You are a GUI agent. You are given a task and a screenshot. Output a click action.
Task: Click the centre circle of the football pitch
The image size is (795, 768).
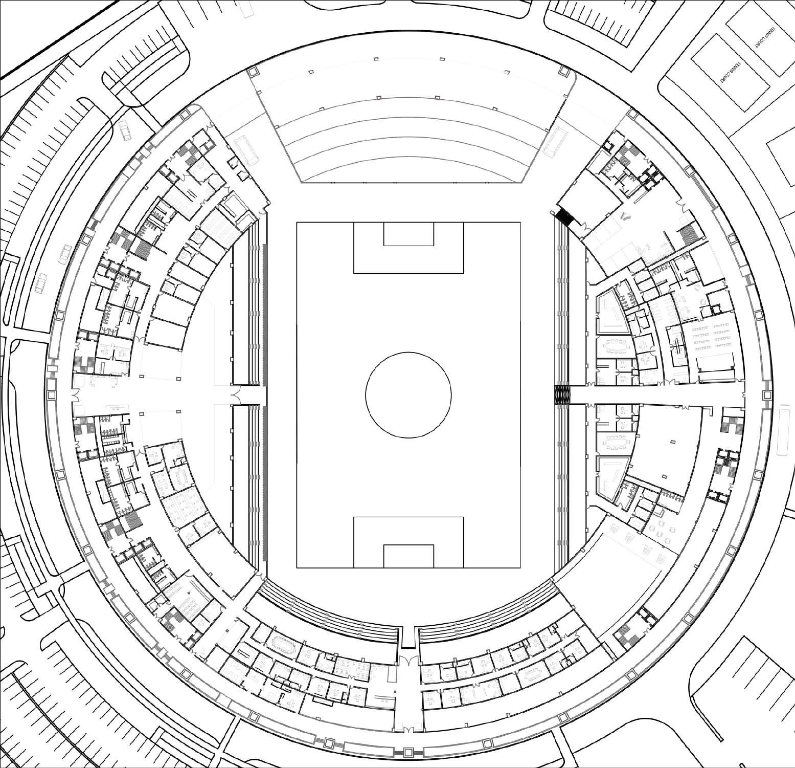408,394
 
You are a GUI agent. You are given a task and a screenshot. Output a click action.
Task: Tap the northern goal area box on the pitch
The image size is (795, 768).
408,234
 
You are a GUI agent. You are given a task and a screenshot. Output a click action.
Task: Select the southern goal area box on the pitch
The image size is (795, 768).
408,556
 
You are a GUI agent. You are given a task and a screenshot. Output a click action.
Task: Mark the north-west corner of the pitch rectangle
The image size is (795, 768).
297,222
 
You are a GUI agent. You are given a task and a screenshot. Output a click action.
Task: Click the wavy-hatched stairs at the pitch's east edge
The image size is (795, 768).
562,394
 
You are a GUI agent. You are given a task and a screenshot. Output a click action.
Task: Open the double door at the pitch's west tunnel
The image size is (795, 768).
236,394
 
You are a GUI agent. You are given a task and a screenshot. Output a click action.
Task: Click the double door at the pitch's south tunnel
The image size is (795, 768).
408,660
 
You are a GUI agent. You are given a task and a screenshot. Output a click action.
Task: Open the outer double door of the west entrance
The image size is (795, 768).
76,394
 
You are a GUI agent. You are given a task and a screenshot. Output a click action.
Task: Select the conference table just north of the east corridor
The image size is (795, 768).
616,346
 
